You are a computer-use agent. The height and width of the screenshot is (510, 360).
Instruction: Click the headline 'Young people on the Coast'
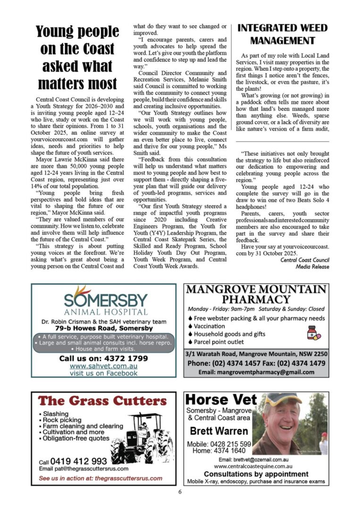click(77, 40)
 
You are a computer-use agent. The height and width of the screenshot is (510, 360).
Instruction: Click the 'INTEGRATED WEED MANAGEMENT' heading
click(283, 34)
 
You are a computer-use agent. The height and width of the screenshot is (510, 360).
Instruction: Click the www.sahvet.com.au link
click(104, 366)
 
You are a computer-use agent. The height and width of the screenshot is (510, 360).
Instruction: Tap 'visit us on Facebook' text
click(104, 373)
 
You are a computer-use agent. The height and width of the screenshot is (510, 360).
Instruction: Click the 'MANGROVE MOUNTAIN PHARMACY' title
click(256, 294)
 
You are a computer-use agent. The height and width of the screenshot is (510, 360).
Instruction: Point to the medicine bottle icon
click(313, 333)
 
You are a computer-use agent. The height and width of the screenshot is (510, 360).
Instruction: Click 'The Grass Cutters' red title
click(103, 401)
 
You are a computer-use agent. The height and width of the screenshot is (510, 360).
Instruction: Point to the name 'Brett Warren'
click(219, 431)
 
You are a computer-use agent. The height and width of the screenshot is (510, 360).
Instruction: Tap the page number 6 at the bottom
click(180, 492)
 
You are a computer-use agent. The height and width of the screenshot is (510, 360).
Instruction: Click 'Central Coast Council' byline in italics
click(304, 260)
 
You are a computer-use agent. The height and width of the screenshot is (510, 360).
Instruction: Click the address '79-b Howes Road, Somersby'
click(104, 328)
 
